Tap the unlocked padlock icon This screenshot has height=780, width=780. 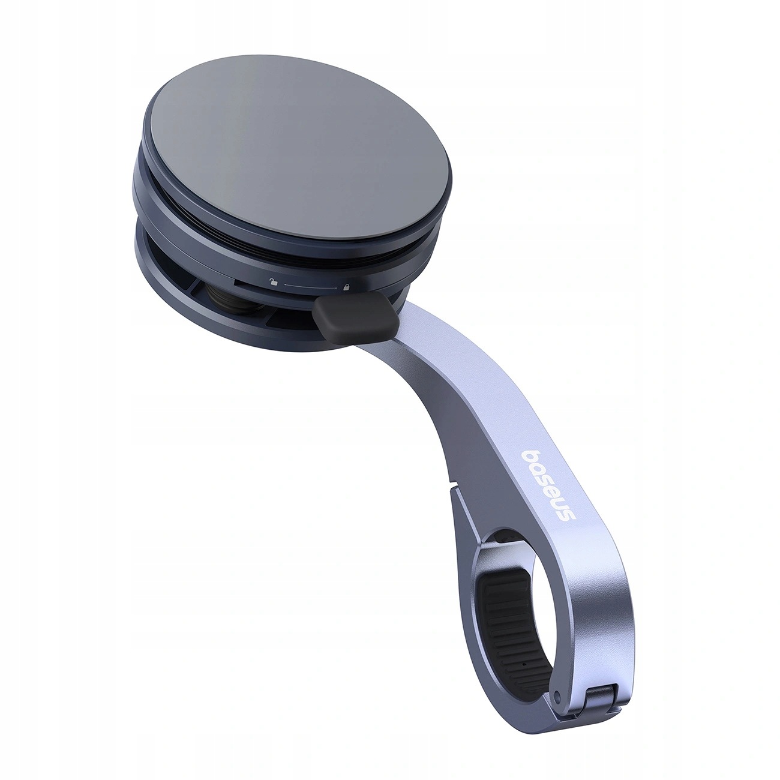(x=274, y=283)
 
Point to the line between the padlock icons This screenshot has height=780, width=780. (x=310, y=286)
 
